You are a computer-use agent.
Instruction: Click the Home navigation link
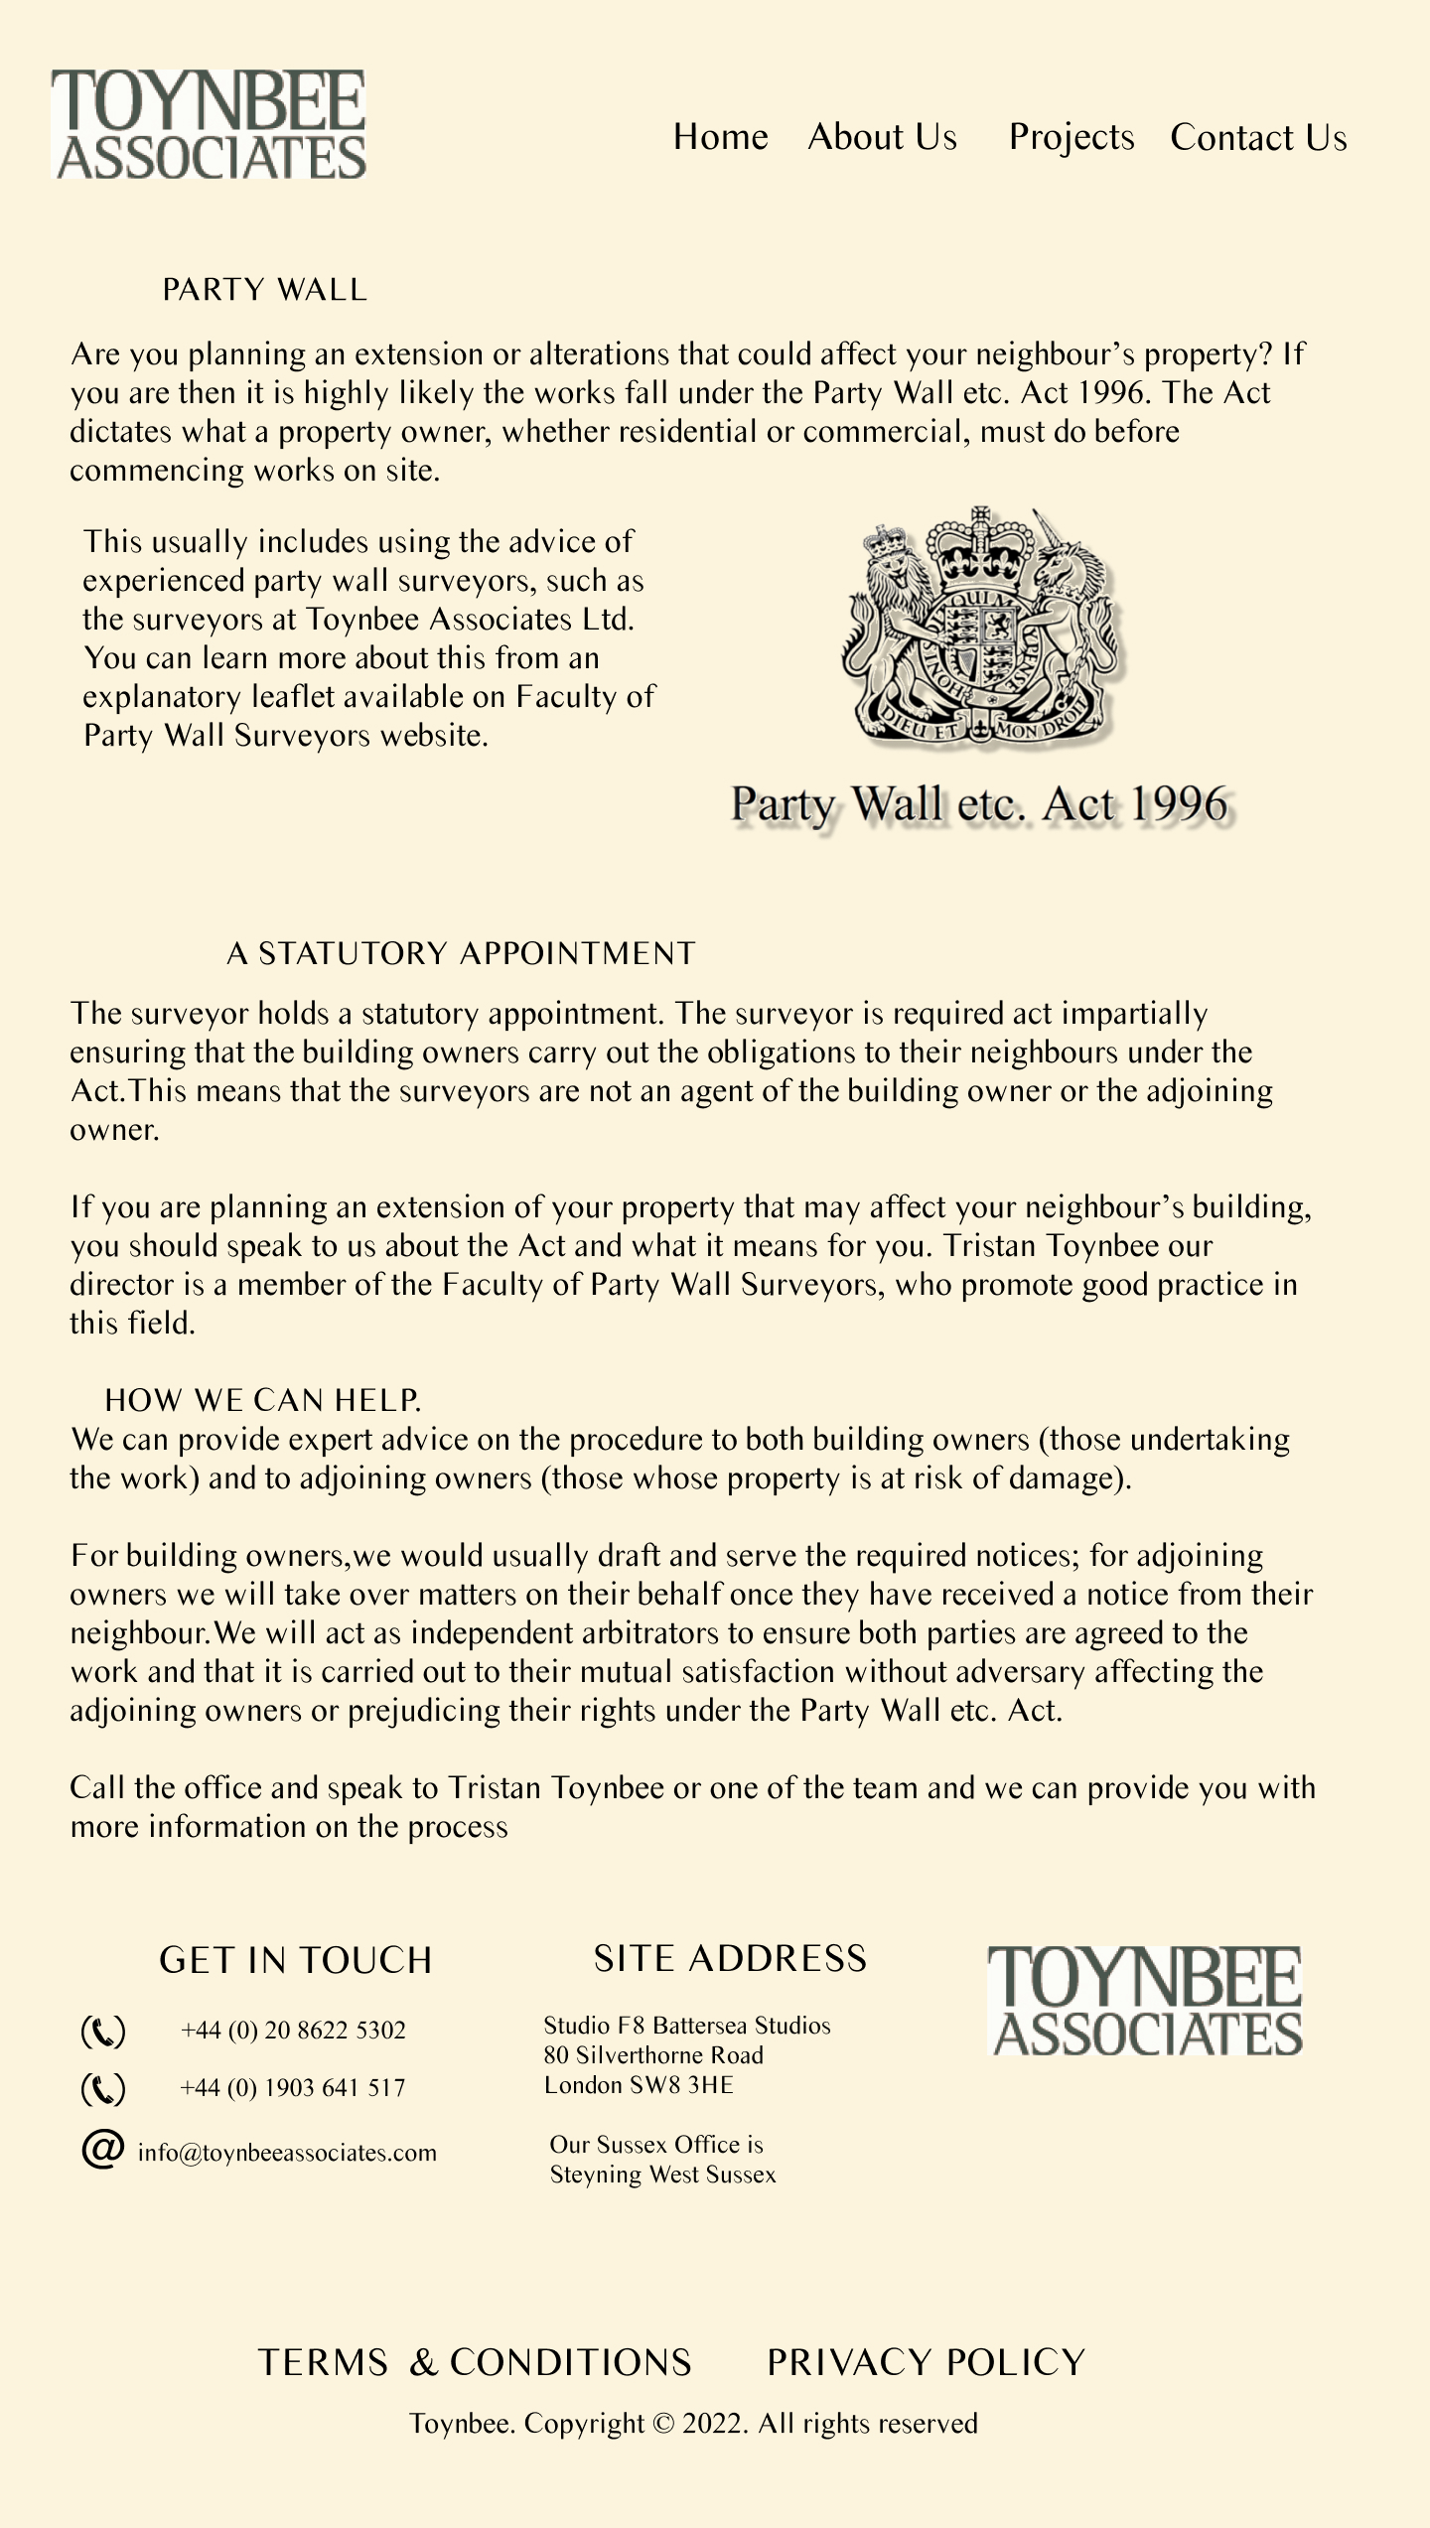pyautogui.click(x=720, y=137)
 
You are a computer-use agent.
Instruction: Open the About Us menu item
pyautogui.click(x=882, y=137)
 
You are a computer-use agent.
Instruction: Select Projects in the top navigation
pyautogui.click(x=1071, y=137)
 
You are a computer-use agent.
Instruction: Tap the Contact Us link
pyautogui.click(x=1258, y=137)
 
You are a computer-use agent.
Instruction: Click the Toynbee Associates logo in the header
pyautogui.click(x=209, y=124)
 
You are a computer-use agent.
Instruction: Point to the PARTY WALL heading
pyautogui.click(x=264, y=290)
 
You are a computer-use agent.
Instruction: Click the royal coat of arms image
pyautogui.click(x=980, y=626)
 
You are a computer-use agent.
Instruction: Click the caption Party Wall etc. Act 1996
pyautogui.click(x=979, y=804)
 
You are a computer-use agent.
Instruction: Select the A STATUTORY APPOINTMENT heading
pyautogui.click(x=461, y=953)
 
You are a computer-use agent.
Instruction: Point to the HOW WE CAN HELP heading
pyautogui.click(x=263, y=1400)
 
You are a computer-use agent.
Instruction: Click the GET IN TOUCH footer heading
pyautogui.click(x=296, y=1960)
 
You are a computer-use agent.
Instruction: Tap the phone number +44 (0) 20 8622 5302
pyautogui.click(x=293, y=2030)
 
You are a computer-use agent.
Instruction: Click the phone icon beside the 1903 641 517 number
pyautogui.click(x=102, y=2089)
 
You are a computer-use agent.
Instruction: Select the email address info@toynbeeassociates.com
pyautogui.click(x=287, y=2153)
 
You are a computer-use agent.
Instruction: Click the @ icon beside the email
pyautogui.click(x=102, y=2149)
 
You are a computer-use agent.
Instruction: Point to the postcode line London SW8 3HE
pyautogui.click(x=639, y=2085)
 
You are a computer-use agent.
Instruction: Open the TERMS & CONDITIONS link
pyautogui.click(x=475, y=2363)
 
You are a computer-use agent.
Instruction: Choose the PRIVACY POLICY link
pyautogui.click(x=926, y=2363)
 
